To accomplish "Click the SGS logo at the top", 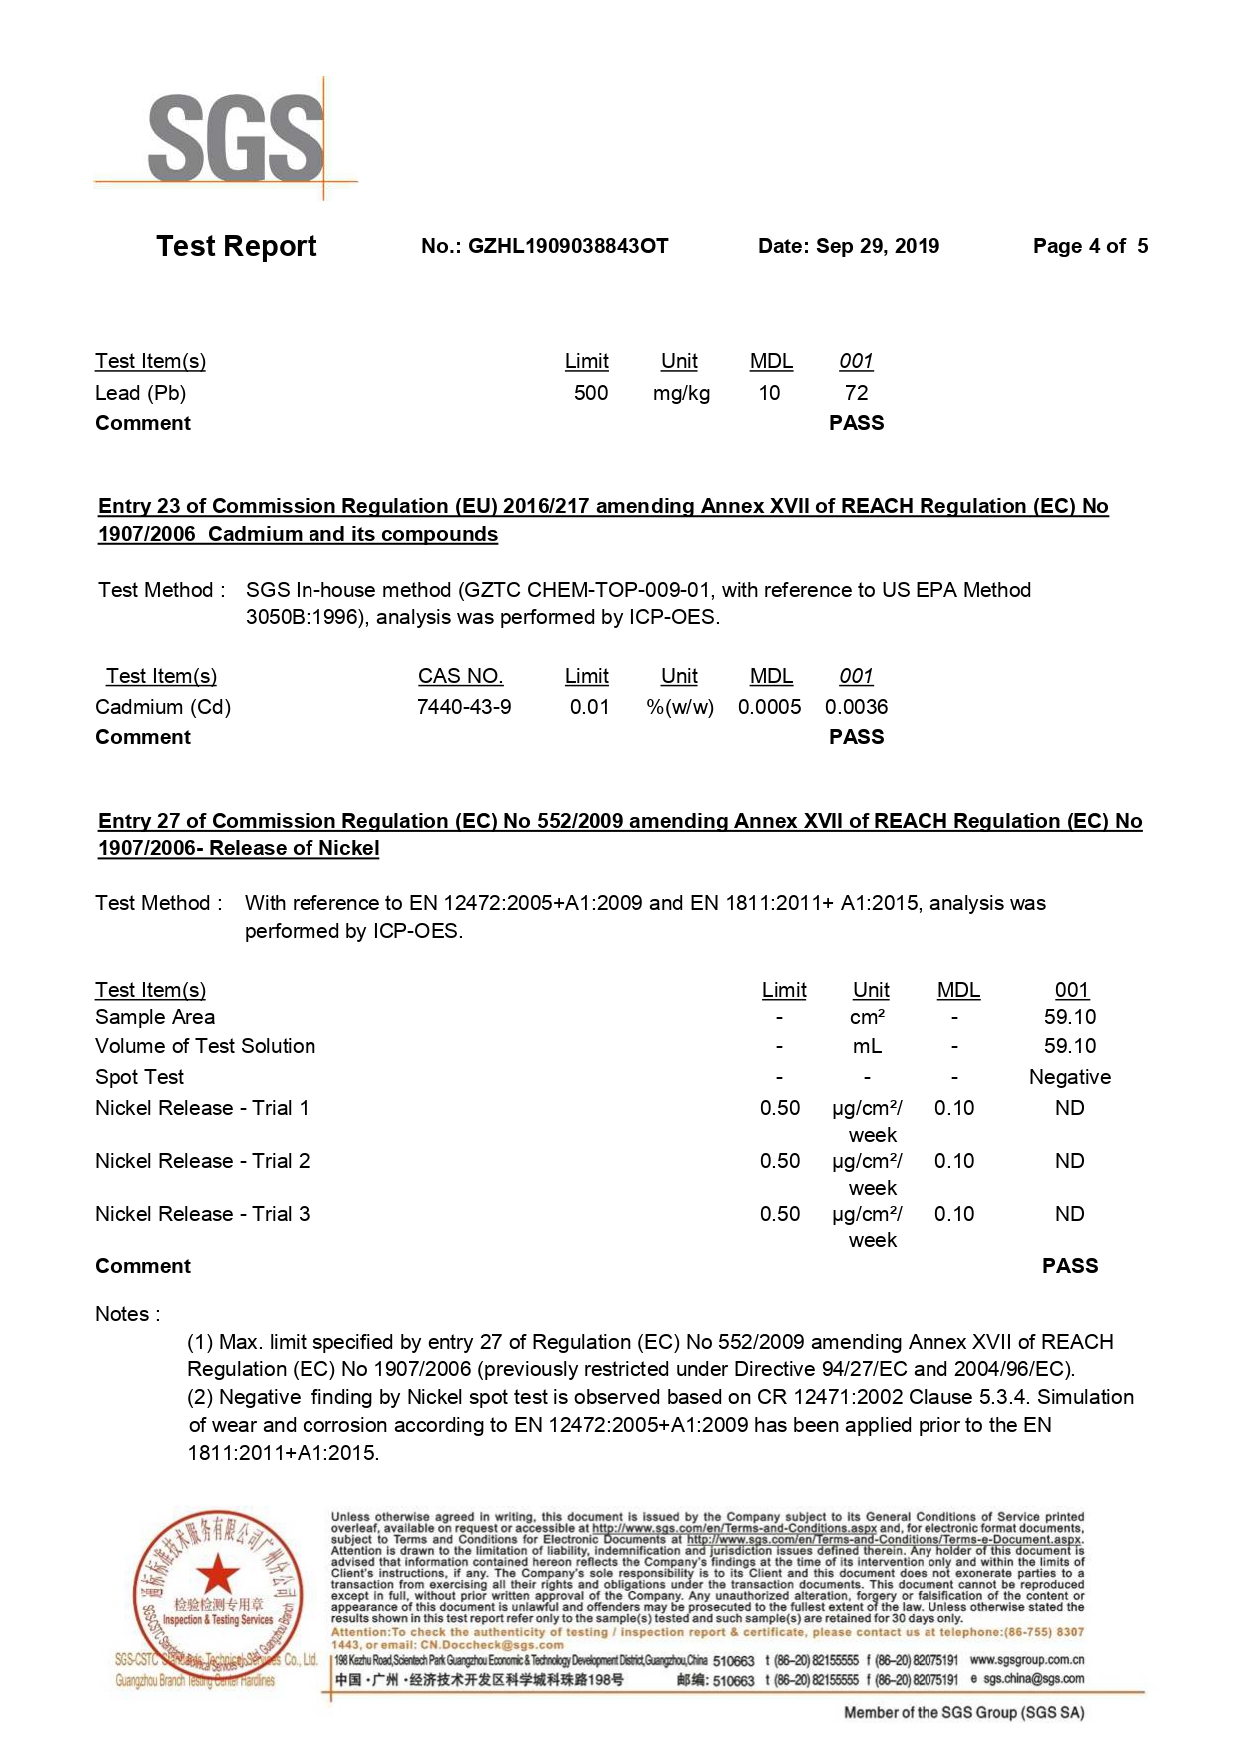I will click(236, 138).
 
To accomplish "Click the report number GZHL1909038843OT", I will click(567, 246).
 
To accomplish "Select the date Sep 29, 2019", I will click(877, 246).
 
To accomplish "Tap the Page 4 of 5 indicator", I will click(1090, 246).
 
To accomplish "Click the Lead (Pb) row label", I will click(140, 393).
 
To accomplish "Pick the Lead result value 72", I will click(856, 393).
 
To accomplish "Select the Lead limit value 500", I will click(590, 393).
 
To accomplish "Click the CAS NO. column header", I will click(460, 676).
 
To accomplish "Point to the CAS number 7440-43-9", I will click(464, 707).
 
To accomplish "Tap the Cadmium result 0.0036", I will click(856, 707).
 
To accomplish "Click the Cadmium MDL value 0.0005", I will click(769, 707).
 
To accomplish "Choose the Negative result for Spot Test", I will click(1069, 1077).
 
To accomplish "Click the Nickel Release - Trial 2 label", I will click(202, 1161).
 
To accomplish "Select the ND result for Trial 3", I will click(1069, 1214).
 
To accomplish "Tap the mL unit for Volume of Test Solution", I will click(867, 1046).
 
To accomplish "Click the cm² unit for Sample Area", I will click(867, 1017).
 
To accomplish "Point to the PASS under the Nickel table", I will click(1069, 1266).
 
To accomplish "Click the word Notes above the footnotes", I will click(122, 1314).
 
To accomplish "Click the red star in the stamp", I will click(217, 1576).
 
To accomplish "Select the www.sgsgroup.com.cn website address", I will click(1026, 1660).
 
